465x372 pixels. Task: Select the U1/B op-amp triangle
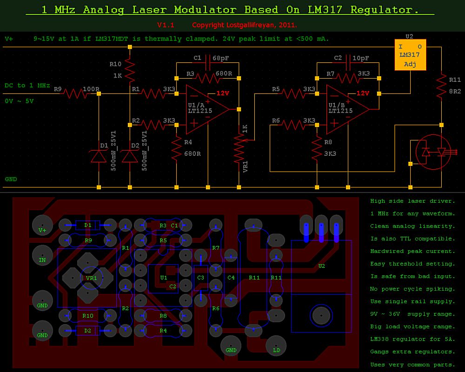(347, 109)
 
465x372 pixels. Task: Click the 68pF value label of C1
(221, 58)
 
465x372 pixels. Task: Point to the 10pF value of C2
(361, 58)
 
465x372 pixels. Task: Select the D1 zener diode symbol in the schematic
(99, 155)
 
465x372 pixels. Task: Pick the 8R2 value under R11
(455, 91)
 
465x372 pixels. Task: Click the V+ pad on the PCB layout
(42, 225)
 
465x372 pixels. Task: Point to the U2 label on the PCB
(322, 266)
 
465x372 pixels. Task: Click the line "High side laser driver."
(412, 201)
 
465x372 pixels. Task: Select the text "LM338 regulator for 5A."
(412, 339)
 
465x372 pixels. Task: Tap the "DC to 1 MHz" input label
(27, 86)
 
